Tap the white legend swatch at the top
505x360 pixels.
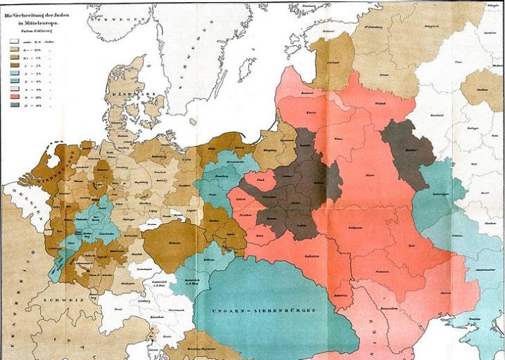pos(13,40)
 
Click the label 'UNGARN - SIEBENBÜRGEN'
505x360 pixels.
pos(257,310)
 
